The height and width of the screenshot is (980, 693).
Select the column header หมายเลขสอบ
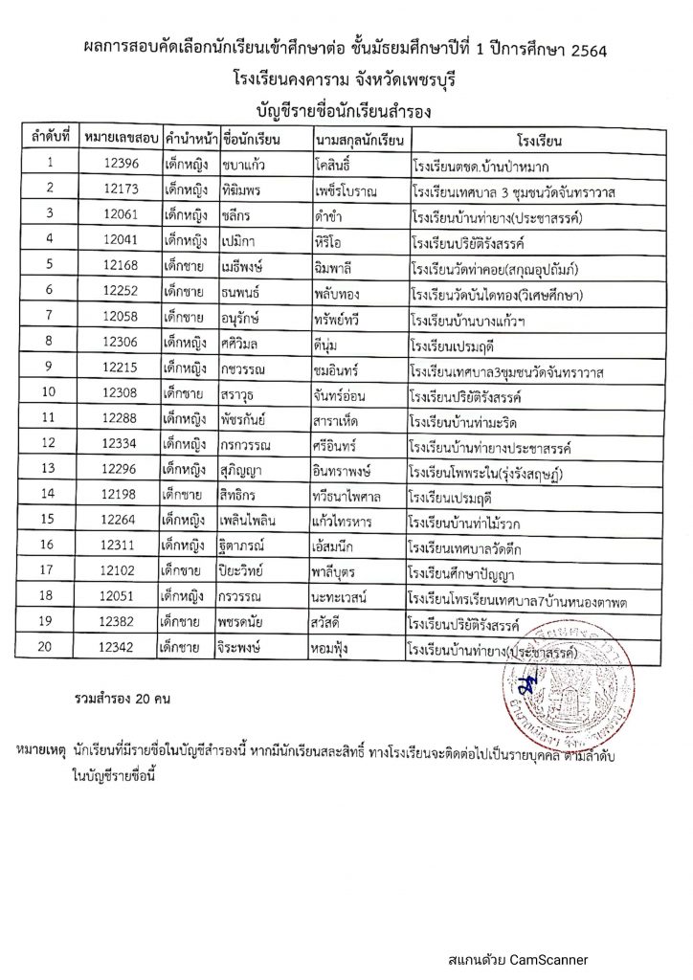tap(120, 137)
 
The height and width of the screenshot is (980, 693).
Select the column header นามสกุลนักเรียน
tap(356, 137)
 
